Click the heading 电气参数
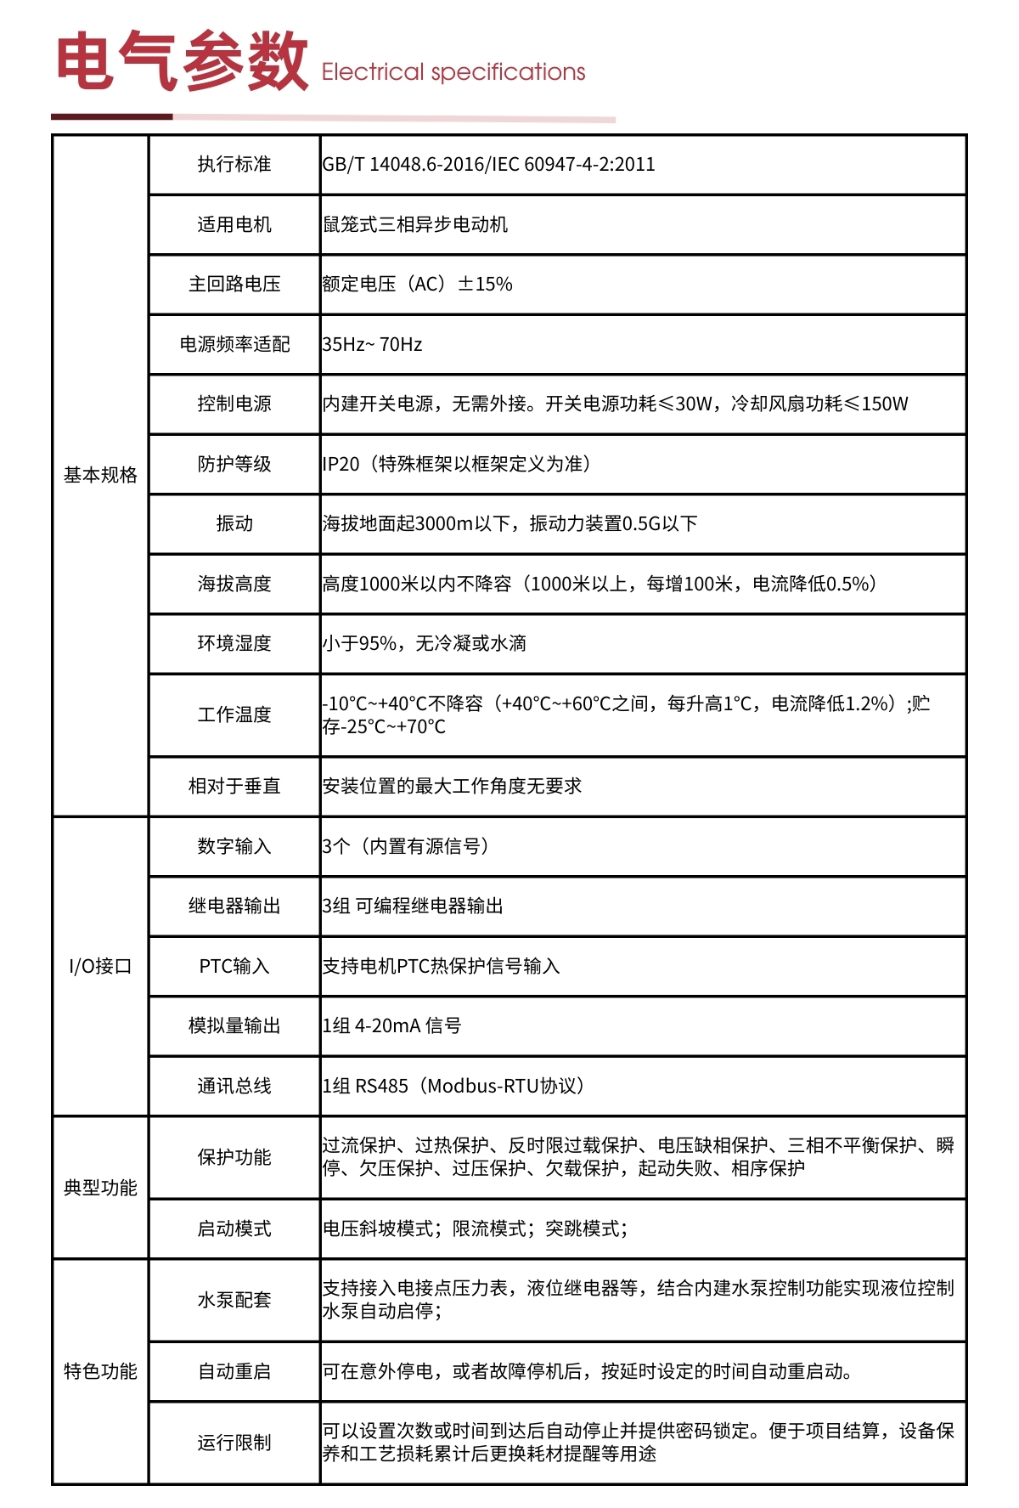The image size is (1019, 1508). coord(182,61)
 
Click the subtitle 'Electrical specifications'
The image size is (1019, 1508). coord(453,72)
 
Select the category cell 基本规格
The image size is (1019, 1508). coord(100,475)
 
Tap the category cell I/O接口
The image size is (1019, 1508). coord(100,966)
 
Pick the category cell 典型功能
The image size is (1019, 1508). coord(100,1187)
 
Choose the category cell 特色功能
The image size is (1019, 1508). coord(100,1371)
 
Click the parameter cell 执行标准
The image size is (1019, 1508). coord(234,164)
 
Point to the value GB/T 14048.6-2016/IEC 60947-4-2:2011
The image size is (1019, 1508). coord(488,164)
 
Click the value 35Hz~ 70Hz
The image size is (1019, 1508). coord(372,344)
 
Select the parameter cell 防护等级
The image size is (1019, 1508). coord(234,464)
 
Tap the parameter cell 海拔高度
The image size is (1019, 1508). coord(234,584)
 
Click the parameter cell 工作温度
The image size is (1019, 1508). coord(234,714)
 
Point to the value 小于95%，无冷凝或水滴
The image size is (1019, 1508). coord(424,643)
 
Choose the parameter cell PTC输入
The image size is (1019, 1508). coord(234,966)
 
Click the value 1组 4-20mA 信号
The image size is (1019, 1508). coord(391,1025)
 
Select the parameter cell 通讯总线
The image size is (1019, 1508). coord(234,1086)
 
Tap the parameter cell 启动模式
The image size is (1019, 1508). coord(234,1228)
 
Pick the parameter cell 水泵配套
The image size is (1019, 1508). coord(234,1300)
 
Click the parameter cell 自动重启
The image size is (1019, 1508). coord(234,1371)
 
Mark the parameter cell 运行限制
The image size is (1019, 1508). coord(234,1443)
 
